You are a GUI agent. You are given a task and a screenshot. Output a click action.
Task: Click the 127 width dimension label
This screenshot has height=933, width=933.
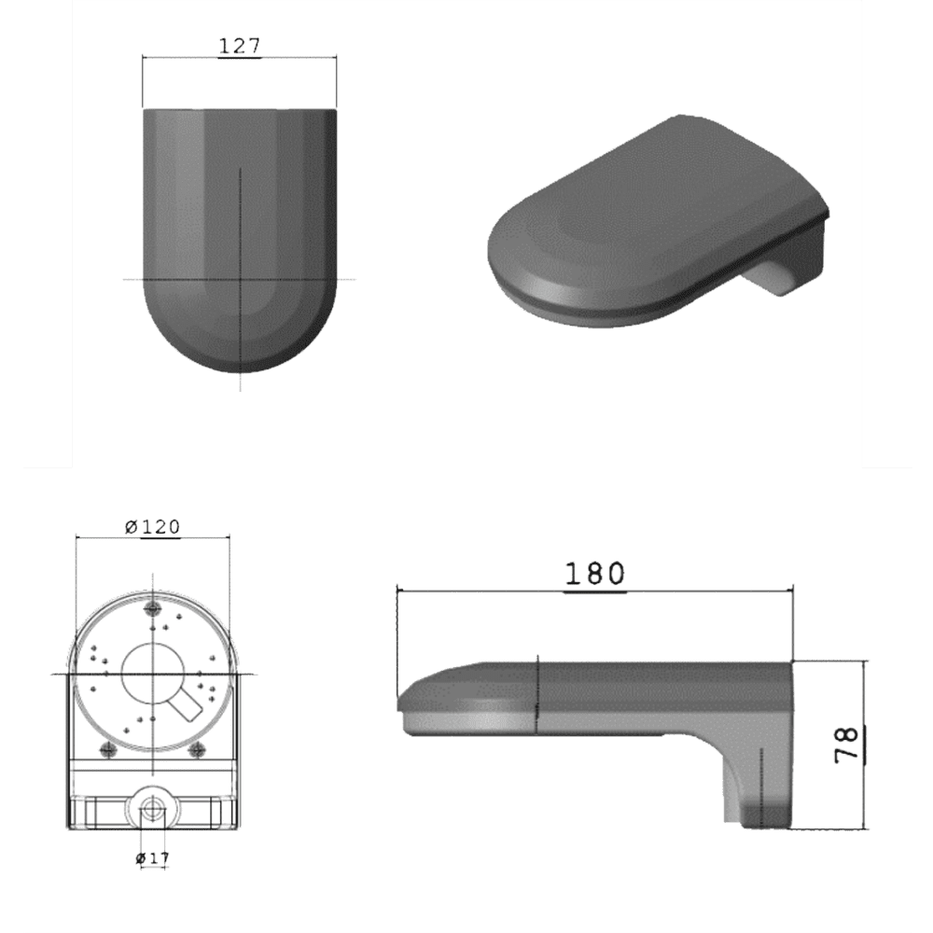(x=240, y=46)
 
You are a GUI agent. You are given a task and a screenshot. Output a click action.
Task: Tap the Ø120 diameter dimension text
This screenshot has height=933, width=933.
(x=153, y=526)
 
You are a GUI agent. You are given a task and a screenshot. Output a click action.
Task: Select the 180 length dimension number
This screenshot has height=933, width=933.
(x=594, y=574)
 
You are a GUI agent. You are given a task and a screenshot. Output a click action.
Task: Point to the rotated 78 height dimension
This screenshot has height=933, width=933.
(x=847, y=744)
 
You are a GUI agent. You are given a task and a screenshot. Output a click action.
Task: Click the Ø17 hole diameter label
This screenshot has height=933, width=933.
(x=152, y=858)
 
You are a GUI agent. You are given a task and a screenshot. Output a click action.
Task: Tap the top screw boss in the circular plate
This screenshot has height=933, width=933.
(x=154, y=607)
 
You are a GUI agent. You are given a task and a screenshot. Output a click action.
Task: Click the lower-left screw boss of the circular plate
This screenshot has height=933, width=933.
(x=107, y=750)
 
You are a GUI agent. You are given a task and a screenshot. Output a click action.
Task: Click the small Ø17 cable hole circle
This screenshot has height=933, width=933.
(x=152, y=810)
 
